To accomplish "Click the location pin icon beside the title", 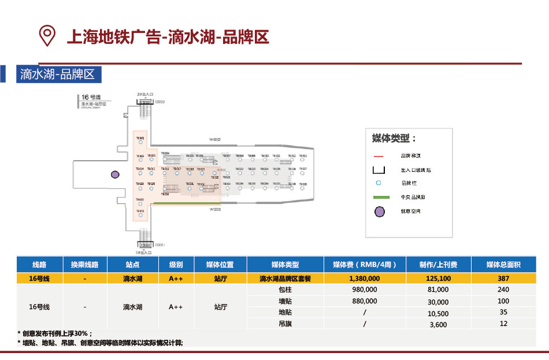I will [47, 35].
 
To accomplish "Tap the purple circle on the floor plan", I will [115, 175].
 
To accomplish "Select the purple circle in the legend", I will [379, 211].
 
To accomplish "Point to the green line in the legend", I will [379, 198].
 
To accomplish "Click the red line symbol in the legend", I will [379, 156].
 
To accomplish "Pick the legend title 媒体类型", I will [394, 139].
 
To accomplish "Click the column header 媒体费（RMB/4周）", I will [365, 265].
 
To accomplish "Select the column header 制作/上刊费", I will [438, 265].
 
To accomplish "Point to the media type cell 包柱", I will [285, 290].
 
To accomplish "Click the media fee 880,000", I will [365, 302].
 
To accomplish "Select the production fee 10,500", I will [439, 313].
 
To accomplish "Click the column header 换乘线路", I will [85, 265].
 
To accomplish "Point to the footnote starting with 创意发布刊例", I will [55, 334].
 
